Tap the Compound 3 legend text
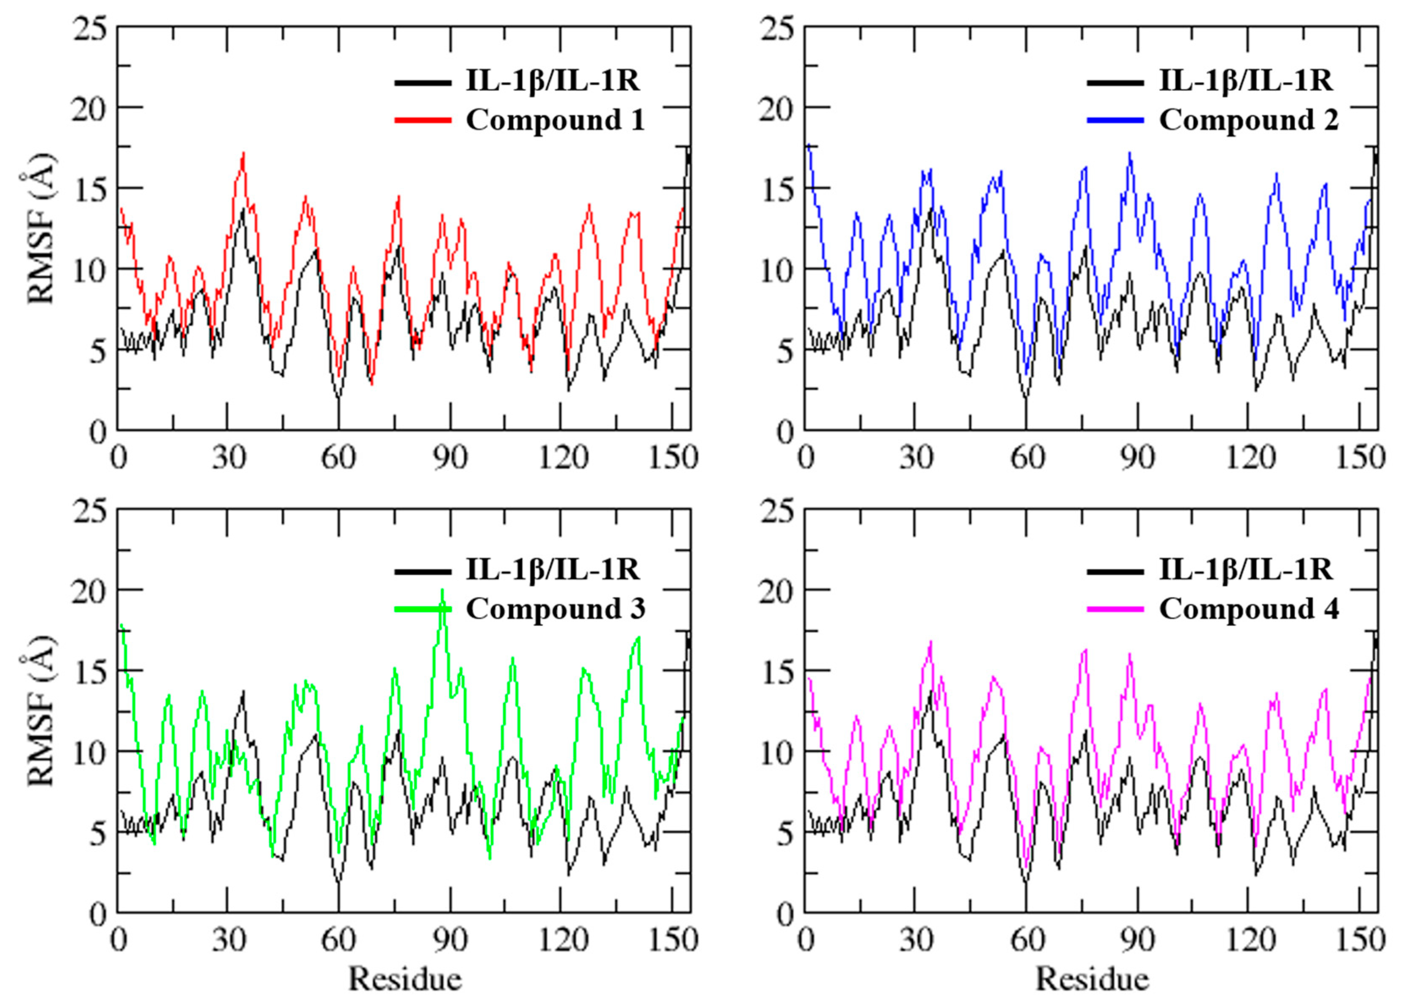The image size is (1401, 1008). point(555,609)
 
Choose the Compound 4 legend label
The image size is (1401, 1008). point(1248,609)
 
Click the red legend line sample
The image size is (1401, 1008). point(423,120)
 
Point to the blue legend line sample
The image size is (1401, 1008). point(1116,120)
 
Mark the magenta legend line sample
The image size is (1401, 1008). point(1116,609)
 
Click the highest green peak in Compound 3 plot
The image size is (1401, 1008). point(442,591)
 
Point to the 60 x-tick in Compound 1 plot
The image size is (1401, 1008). point(339,458)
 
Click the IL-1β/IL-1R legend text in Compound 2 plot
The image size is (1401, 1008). point(1245,81)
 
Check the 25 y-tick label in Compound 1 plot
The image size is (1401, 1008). point(90,28)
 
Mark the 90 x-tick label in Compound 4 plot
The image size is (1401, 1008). point(1138,940)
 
